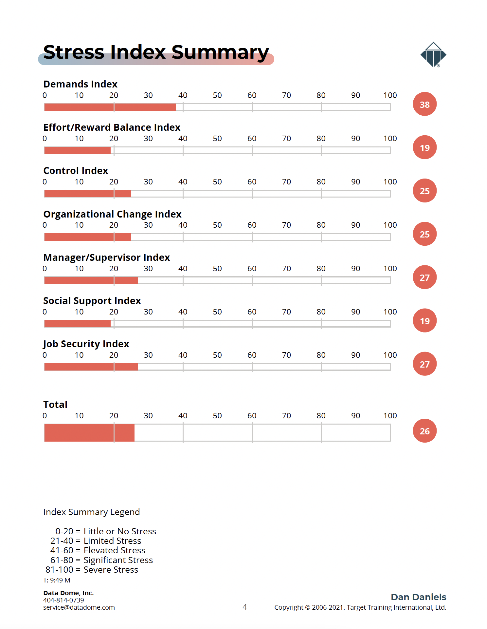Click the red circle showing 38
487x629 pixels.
click(x=424, y=104)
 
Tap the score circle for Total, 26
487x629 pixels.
click(x=424, y=431)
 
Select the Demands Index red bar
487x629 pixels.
click(x=110, y=107)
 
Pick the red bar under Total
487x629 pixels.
click(x=89, y=432)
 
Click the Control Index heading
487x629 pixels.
click(x=76, y=171)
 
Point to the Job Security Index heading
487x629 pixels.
click(x=86, y=344)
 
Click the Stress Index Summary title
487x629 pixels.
click(x=156, y=52)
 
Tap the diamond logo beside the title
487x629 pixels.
click(x=433, y=55)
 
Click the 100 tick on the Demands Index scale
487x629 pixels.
click(x=390, y=95)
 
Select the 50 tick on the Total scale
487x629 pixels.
click(x=217, y=416)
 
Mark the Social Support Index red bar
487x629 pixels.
click(x=77, y=324)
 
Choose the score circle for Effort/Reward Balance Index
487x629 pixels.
click(x=424, y=147)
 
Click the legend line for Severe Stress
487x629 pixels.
click(x=92, y=570)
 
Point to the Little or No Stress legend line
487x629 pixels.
click(x=106, y=531)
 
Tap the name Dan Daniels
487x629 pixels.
click(x=419, y=597)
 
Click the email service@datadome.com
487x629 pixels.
click(x=79, y=607)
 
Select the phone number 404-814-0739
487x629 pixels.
click(x=63, y=600)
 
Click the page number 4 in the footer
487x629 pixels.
click(x=244, y=607)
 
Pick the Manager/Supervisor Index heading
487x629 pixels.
click(x=107, y=257)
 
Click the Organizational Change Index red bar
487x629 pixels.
click(x=88, y=237)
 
